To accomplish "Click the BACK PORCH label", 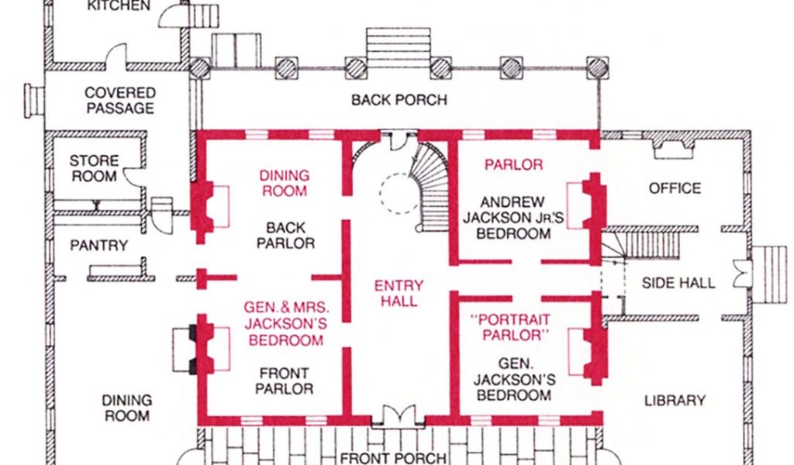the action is point(399,100).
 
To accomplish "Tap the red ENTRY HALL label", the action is point(399,293).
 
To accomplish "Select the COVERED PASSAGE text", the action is point(120,100).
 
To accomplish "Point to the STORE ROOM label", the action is point(94,168).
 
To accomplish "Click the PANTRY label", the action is point(98,246).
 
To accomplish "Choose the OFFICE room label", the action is point(675,188).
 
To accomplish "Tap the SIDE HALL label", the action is point(678,283).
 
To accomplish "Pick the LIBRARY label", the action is point(675,401).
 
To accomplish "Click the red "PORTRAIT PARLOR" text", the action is point(510,327).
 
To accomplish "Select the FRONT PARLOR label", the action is point(284,381).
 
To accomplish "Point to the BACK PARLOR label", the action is point(285,236).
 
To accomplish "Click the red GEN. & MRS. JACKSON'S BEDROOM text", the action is point(286,323).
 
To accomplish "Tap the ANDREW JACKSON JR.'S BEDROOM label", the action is point(513,218).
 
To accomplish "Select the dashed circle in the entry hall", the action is point(399,194).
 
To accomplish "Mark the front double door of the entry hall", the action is point(398,415).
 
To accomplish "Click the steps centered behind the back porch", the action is point(399,47).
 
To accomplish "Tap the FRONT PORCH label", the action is point(393,458).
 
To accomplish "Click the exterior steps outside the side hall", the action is point(768,274).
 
